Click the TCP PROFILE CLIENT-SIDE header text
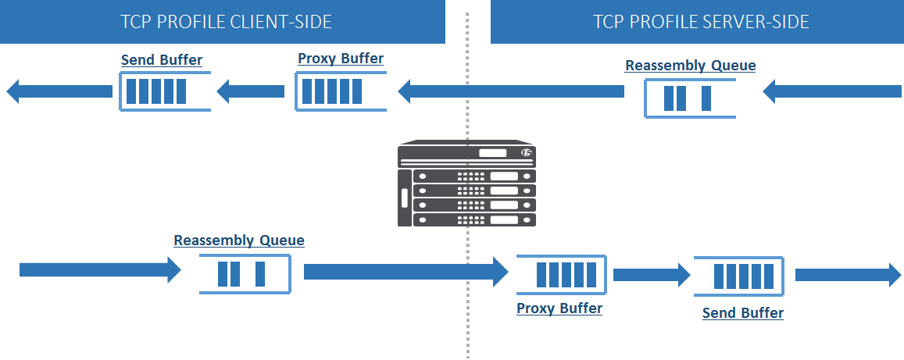(226, 21)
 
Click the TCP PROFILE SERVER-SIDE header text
(701, 21)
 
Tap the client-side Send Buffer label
(162, 60)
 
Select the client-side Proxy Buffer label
(341, 59)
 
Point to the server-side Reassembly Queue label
(690, 66)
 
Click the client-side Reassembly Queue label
(238, 241)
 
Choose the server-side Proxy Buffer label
(559, 308)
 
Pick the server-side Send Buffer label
(742, 313)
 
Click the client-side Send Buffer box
(164, 92)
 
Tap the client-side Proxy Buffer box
(341, 91)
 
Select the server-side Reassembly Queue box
(690, 98)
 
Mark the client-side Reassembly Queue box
(244, 273)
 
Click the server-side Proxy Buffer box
(559, 275)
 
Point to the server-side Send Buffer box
(738, 276)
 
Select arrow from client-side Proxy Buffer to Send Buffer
(251, 92)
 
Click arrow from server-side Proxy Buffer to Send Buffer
(652, 275)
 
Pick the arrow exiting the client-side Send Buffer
(59, 91)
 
